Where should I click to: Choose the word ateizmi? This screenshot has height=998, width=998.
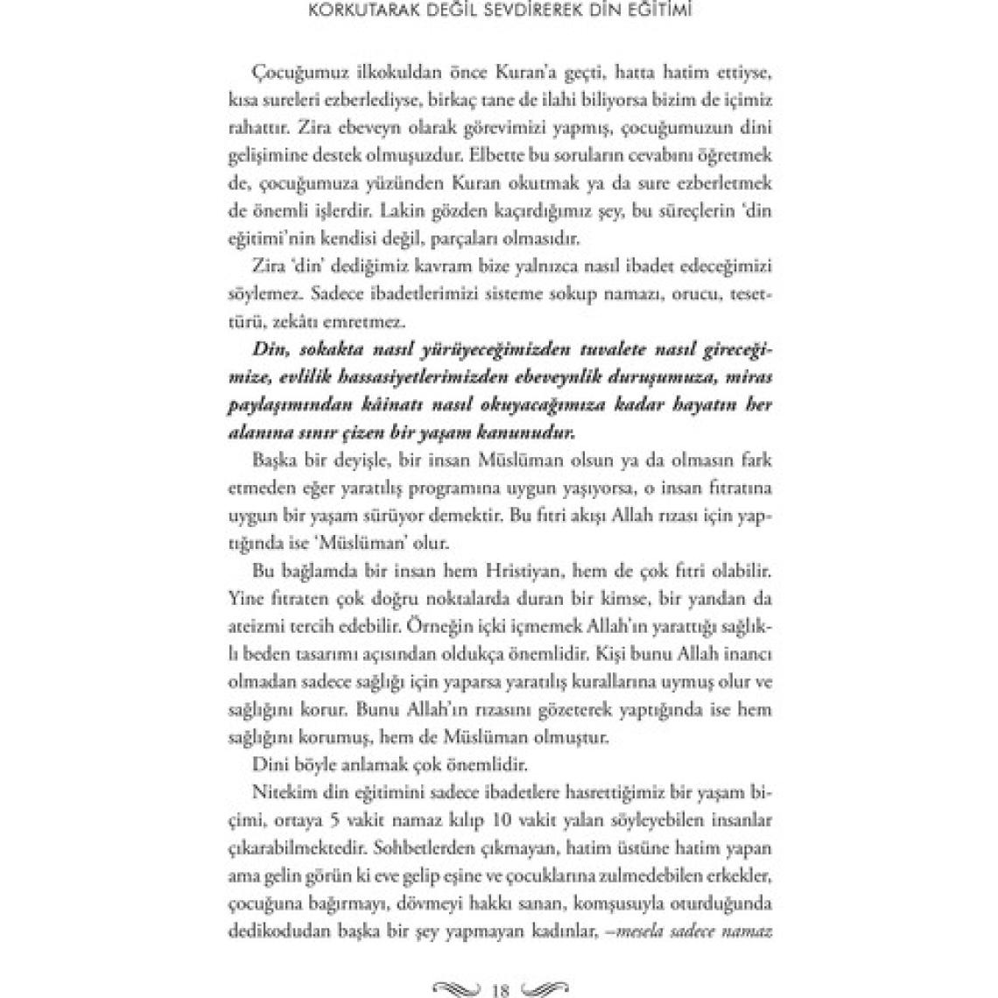260,627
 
